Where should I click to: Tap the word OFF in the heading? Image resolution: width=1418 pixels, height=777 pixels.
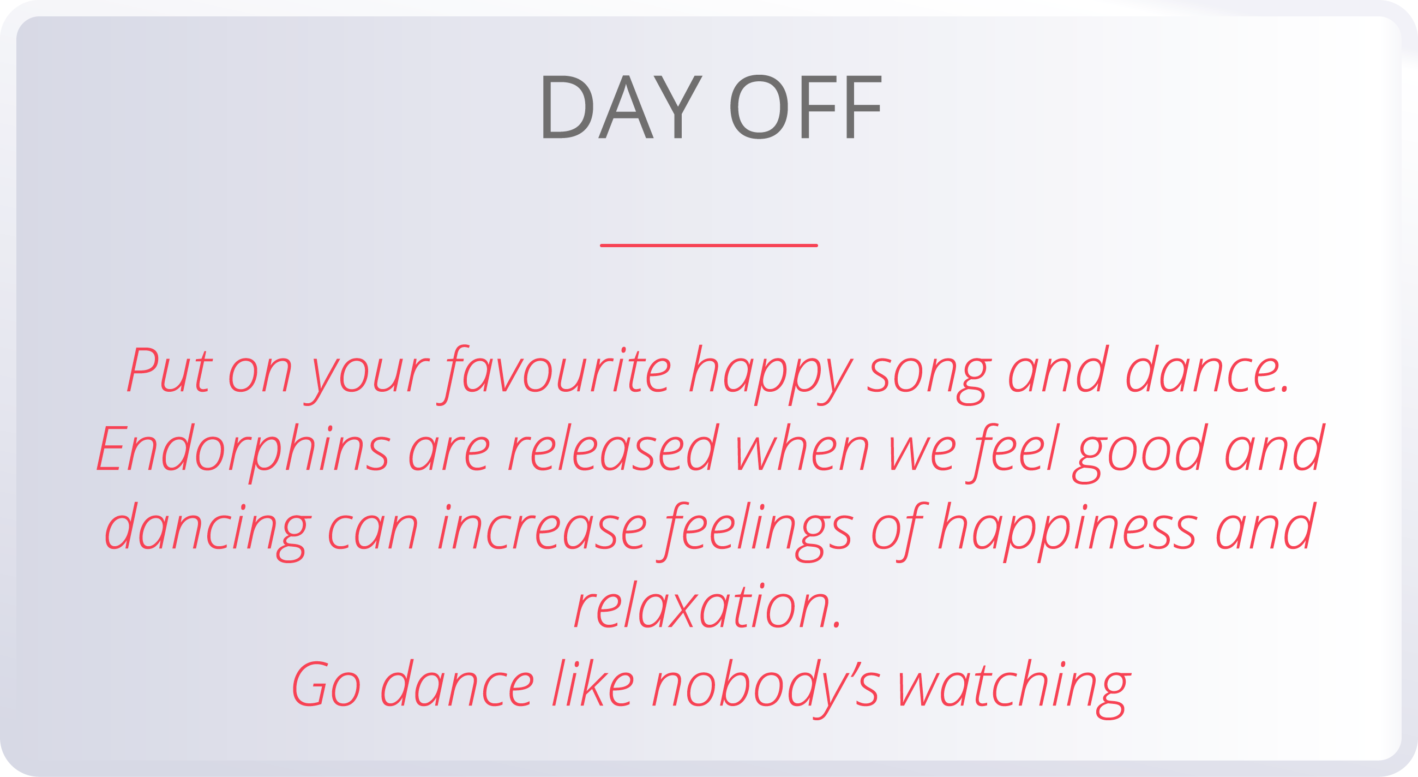pos(806,107)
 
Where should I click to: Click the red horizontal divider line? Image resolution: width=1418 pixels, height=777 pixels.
pos(708,246)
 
